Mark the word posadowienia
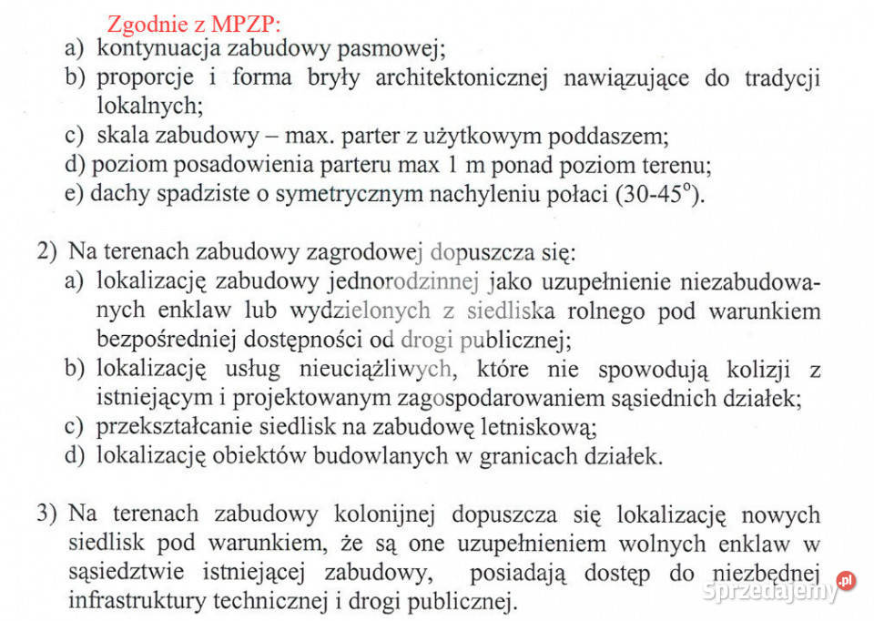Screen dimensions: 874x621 pos(232,166)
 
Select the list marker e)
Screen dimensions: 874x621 pos(74,195)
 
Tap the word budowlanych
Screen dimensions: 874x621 pos(391,456)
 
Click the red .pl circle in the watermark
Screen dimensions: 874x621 pos(847,579)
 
